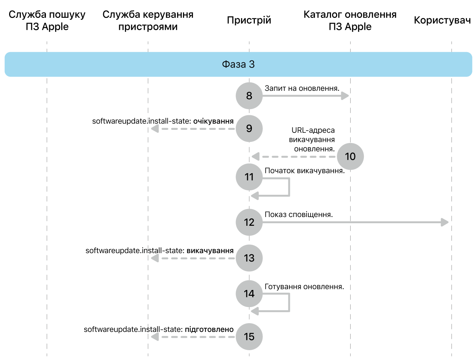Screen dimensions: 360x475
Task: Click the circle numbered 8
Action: pos(249,96)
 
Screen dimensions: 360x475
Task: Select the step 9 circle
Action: pos(249,128)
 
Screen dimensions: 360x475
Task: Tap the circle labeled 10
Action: pos(350,156)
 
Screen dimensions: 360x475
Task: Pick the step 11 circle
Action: pos(249,177)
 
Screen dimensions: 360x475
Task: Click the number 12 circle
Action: pos(249,222)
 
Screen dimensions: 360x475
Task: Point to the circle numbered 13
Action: pos(249,258)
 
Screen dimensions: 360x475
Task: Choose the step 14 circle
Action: pos(249,294)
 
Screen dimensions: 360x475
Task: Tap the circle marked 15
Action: pos(249,336)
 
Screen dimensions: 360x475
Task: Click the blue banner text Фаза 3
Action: pos(238,65)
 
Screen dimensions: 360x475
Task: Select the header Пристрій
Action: pos(249,20)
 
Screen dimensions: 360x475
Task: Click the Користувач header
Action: pos(442,20)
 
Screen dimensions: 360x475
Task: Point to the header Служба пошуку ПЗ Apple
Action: pos(47,20)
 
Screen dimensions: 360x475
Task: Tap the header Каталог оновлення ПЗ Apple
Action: pos(350,20)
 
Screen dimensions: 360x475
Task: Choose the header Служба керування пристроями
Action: pos(148,20)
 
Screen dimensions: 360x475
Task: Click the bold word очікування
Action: pos(213,121)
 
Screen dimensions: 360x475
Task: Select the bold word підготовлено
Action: pos(209,329)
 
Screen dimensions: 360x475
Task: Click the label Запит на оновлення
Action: pos(302,88)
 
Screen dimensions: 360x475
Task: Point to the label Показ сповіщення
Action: pos(299,214)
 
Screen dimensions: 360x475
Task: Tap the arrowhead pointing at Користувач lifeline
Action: pos(445,222)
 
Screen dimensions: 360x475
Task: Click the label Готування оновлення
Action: pos(304,287)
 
